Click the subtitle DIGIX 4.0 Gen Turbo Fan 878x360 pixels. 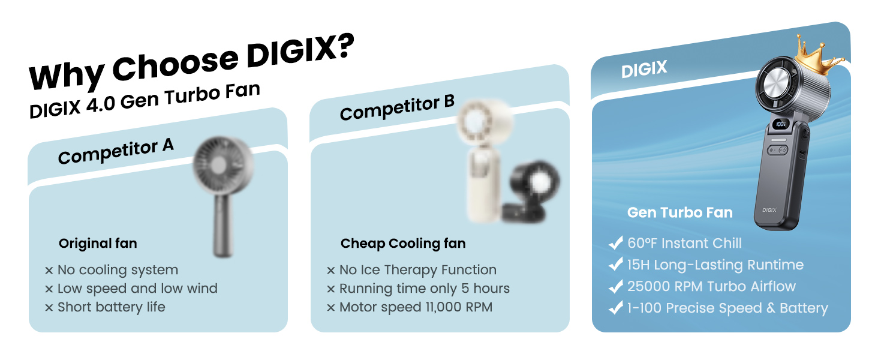(x=145, y=100)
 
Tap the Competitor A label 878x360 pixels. (x=116, y=151)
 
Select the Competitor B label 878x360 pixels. (x=397, y=107)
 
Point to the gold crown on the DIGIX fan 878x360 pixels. (x=817, y=56)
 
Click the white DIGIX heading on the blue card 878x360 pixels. (x=644, y=69)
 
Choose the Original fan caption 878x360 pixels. (x=98, y=243)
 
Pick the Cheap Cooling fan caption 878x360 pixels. (x=403, y=244)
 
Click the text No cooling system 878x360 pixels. (x=118, y=270)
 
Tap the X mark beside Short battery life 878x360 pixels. (x=49, y=307)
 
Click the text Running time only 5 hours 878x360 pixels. (x=425, y=289)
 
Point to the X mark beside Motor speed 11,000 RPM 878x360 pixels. (x=331, y=307)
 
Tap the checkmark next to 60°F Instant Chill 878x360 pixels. (x=616, y=243)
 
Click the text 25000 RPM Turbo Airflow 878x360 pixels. (x=711, y=286)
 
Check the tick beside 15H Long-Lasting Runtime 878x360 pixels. (x=616, y=265)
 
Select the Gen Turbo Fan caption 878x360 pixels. (x=679, y=212)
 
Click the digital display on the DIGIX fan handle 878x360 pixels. (x=780, y=124)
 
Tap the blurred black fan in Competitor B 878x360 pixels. (x=531, y=191)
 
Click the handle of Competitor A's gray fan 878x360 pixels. (x=224, y=226)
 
